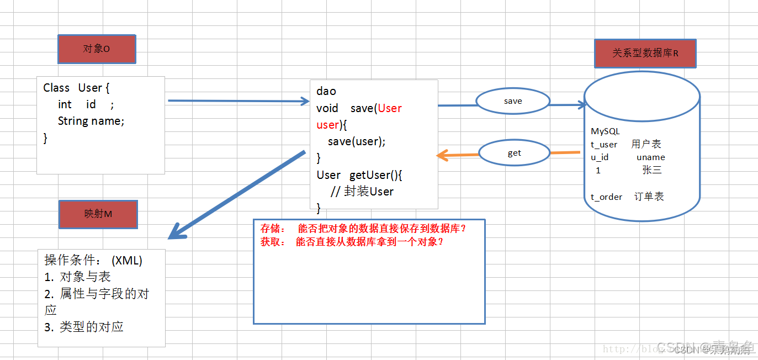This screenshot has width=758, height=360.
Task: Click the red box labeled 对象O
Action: coord(97,49)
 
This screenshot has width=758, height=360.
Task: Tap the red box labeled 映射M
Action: coord(98,214)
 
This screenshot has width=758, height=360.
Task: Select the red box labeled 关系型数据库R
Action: coord(645,54)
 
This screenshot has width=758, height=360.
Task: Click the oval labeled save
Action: coord(513,102)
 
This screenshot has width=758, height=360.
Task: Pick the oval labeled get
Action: coord(514,153)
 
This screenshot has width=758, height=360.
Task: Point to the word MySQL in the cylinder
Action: coord(605,131)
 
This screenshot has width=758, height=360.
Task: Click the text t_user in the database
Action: coord(604,145)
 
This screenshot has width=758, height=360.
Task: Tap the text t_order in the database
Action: coord(606,197)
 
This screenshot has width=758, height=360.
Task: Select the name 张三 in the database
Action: coord(651,170)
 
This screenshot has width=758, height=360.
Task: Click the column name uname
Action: coord(650,157)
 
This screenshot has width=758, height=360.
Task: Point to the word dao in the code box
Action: coord(326,91)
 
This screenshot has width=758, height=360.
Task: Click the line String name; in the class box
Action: coord(91,121)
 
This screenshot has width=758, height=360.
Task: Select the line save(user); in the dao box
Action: coord(357,141)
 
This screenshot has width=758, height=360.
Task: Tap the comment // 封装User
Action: coord(362,192)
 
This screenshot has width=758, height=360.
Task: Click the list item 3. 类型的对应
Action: coord(84,327)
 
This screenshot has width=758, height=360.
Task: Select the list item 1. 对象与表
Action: coord(78,277)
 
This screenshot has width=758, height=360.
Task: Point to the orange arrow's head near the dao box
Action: coord(441,156)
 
